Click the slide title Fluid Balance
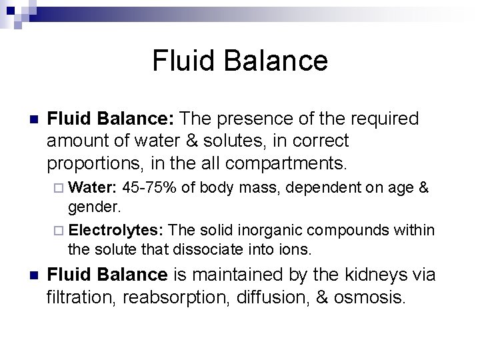[x=240, y=61]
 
